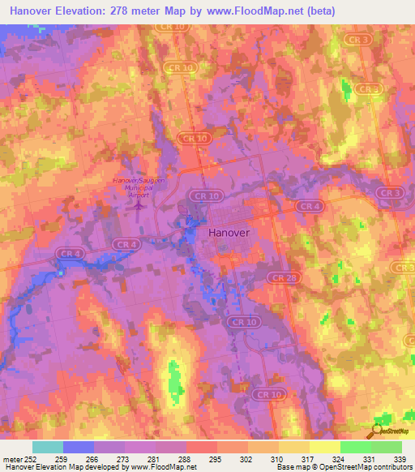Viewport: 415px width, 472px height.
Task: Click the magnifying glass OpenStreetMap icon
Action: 375,431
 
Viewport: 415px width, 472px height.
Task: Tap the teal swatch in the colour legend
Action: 48,447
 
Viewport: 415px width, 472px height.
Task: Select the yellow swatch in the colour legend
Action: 325,447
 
